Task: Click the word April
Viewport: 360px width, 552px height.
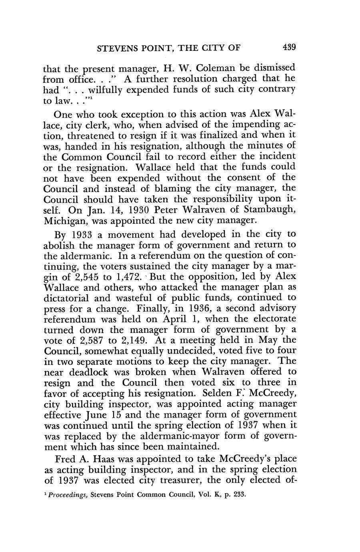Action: click(x=175, y=319)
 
